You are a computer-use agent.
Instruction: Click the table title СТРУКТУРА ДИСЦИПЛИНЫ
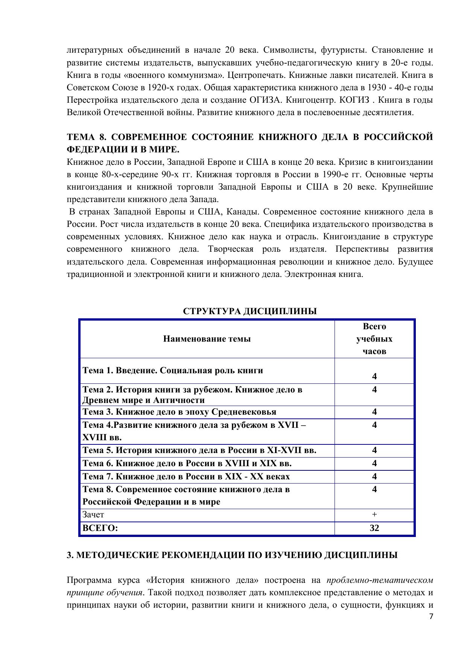[250, 312]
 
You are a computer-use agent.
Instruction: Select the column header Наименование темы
[207, 339]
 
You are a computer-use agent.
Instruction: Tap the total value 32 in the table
[374, 528]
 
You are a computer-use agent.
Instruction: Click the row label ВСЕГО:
[100, 528]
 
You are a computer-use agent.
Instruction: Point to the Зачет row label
[93, 514]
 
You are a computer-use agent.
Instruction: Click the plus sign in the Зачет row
[374, 514]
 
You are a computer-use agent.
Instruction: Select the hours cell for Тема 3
[374, 412]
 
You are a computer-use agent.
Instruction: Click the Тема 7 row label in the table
[186, 476]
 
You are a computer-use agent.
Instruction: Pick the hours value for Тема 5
[374, 450]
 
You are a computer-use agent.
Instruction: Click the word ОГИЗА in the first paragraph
[264, 100]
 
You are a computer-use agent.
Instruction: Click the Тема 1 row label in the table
[173, 370]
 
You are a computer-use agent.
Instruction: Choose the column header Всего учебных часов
[374, 339]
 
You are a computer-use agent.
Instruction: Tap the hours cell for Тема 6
[374, 463]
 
